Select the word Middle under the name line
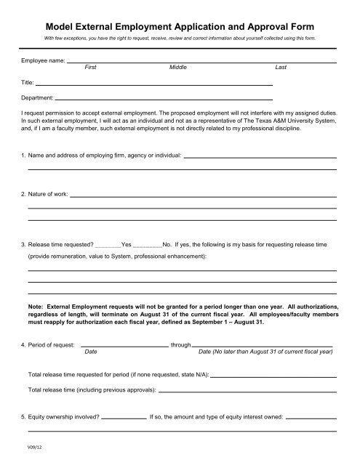tap(177, 67)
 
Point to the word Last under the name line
tap(281, 67)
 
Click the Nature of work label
tap(48, 195)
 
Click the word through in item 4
tap(180, 345)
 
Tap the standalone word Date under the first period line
tap(91, 352)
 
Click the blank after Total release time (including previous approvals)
tap(247, 390)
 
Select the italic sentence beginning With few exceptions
tap(179, 36)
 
